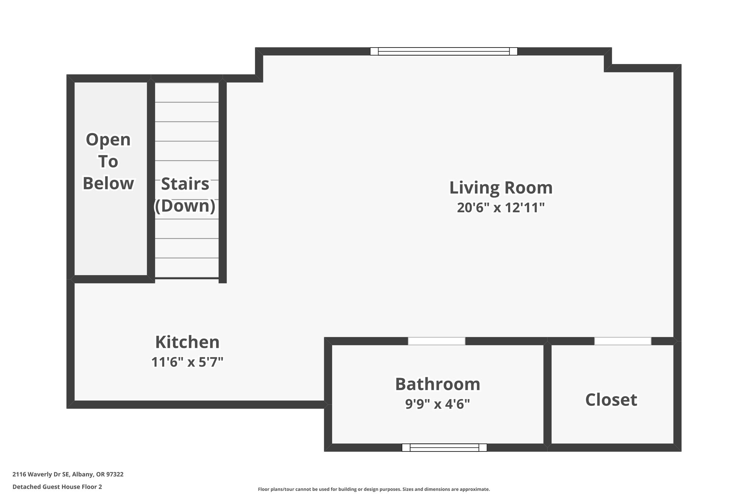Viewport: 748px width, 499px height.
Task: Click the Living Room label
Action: (501, 188)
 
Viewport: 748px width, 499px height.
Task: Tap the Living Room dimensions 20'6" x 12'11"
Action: (501, 208)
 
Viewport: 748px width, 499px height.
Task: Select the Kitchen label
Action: (187, 343)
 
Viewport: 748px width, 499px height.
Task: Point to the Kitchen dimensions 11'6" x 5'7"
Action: (187, 362)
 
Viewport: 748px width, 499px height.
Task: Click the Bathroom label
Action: (438, 384)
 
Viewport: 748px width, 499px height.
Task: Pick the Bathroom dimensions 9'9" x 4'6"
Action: (438, 404)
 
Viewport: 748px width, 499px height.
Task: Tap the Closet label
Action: (611, 400)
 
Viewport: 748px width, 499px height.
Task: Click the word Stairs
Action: (185, 184)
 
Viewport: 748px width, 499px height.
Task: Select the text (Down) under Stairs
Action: (185, 206)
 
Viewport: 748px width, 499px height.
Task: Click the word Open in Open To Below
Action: (108, 140)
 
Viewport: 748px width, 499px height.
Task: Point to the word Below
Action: (108, 184)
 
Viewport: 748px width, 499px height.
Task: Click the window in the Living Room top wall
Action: (444, 51)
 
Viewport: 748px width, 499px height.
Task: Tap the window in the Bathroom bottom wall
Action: (444, 447)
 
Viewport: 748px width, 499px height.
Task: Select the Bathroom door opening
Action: (436, 341)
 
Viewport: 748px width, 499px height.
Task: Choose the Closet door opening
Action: (623, 341)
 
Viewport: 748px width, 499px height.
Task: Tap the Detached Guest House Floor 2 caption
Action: (57, 487)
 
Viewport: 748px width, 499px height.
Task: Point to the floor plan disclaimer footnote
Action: (374, 489)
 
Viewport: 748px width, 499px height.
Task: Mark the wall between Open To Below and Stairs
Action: (151, 179)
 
